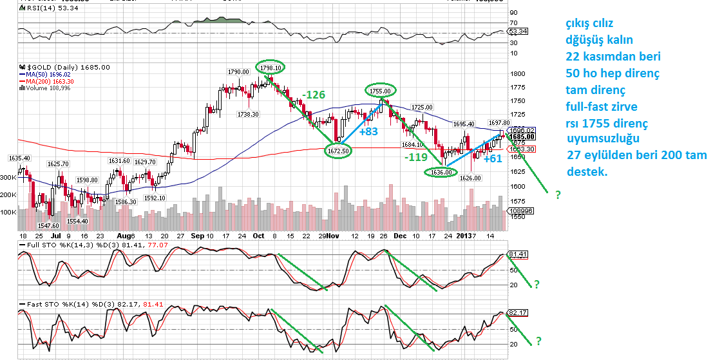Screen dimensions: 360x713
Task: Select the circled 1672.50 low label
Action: click(x=338, y=151)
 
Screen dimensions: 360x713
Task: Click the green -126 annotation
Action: click(x=314, y=95)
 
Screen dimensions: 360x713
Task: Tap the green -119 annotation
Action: click(x=414, y=156)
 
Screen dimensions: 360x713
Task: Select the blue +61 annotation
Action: click(x=493, y=158)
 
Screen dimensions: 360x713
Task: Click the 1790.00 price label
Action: click(x=238, y=71)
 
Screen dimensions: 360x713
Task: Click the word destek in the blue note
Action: click(x=587, y=173)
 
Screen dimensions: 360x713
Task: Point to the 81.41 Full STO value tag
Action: click(x=517, y=254)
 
